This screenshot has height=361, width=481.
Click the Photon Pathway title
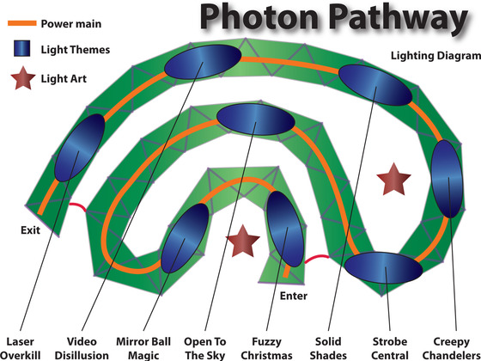pos(334,18)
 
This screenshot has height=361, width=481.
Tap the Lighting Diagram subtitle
pos(436,56)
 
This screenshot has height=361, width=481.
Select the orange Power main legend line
pos(22,23)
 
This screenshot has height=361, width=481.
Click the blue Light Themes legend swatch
pos(21,48)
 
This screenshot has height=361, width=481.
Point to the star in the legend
pos(23,78)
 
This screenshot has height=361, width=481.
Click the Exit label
pos(30,230)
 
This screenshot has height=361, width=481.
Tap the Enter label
pos(294,296)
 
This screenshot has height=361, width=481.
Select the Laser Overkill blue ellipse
pos(79,148)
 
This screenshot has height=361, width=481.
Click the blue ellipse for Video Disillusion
pos(203,62)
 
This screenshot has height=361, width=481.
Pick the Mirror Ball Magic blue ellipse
pos(185,238)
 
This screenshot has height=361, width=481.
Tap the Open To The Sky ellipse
pos(256,119)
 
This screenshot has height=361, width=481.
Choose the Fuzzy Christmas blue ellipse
pos(285,229)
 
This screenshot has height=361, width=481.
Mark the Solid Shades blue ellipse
pos(375,85)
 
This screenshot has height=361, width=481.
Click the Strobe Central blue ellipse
pos(383,267)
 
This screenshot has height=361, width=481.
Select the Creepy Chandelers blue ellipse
pos(447,179)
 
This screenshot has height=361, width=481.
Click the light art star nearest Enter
pos(242,242)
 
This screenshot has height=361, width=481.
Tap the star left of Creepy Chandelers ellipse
pos(393,180)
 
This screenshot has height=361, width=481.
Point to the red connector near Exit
pos(78,206)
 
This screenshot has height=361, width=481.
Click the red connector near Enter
pos(317,258)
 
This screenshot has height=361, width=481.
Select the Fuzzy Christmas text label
pos(266,348)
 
